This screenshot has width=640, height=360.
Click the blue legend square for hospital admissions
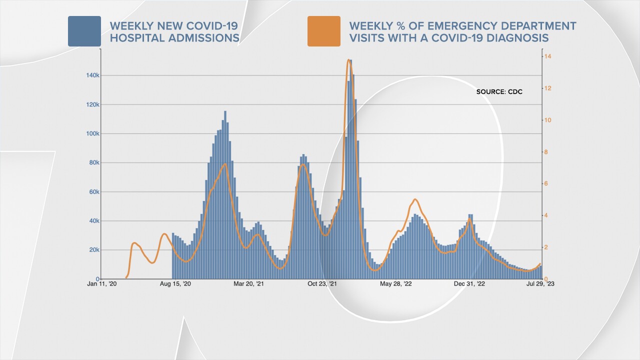pos(84,31)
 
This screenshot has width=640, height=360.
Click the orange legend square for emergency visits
pos(323,31)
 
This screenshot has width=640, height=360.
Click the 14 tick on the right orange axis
pos(548,56)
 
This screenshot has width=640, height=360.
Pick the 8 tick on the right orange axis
pos(547,152)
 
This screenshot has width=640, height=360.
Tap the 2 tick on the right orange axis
pos(547,247)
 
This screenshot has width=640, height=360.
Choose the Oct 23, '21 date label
pos(322,284)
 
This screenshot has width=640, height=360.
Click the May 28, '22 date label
pos(395,284)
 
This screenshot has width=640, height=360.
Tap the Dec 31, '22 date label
pos(468,284)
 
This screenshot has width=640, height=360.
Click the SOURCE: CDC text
pos(499,92)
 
